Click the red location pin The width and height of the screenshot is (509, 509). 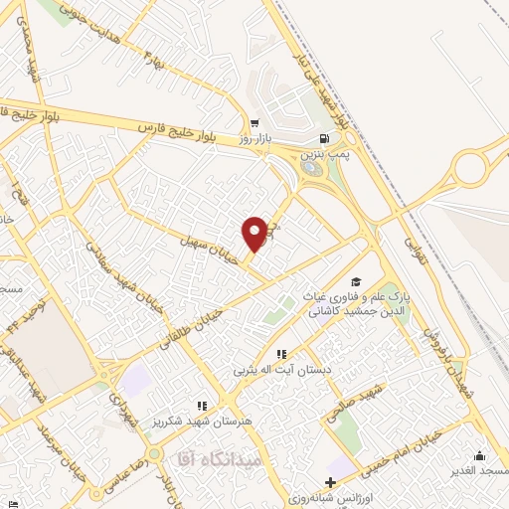(255, 233)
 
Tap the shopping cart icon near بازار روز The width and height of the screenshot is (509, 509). (255, 124)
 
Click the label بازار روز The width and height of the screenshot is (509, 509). (254, 140)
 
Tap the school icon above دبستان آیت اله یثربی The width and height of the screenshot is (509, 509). (281, 354)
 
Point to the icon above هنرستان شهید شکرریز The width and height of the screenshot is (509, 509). (202, 406)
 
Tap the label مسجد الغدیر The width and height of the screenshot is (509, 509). (479, 469)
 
